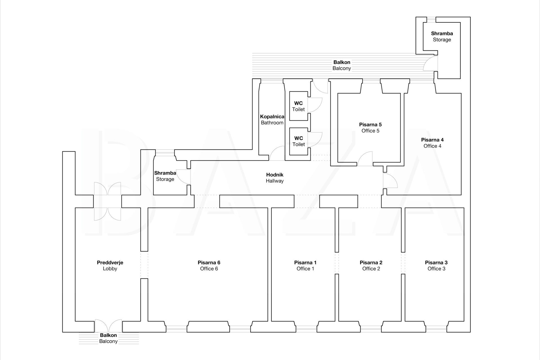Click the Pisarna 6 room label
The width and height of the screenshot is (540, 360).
tap(209, 262)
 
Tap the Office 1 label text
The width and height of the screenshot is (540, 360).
tap(305, 269)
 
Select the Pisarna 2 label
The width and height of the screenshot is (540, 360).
tap(371, 262)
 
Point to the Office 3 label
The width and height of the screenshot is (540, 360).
tap(436, 269)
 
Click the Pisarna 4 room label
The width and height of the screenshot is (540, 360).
tap(432, 140)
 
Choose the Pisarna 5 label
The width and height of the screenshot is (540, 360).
tap(370, 124)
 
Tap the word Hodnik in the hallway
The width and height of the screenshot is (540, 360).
tap(274, 175)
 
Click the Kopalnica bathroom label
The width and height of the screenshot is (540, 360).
tap(272, 116)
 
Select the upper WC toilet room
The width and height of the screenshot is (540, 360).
tap(298, 106)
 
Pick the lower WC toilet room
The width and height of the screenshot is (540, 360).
tap(299, 141)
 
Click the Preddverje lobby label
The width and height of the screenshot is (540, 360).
tap(110, 262)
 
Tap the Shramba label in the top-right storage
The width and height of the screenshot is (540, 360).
tap(442, 33)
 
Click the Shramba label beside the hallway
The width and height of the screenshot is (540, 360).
tap(165, 173)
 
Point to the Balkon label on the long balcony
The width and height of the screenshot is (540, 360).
tap(342, 62)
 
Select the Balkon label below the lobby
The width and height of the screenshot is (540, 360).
tap(108, 335)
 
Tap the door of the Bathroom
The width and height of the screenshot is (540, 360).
tap(277, 154)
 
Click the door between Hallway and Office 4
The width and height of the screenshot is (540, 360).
tap(390, 181)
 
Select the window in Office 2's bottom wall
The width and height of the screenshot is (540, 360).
tap(370, 328)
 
